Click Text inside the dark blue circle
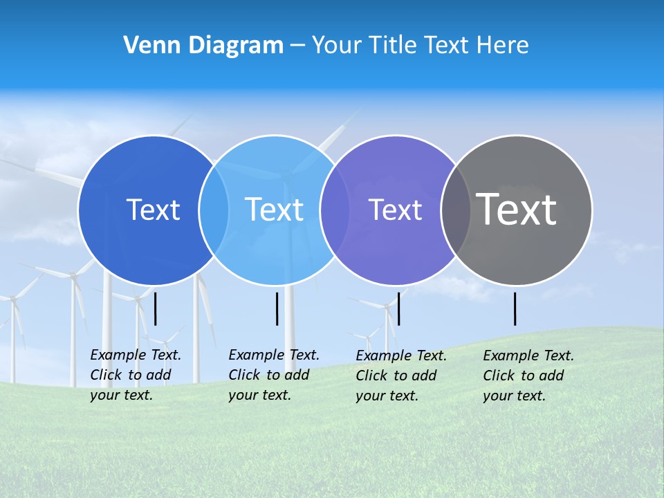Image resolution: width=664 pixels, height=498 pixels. [x=153, y=210]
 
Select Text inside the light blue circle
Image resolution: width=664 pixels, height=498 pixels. [x=274, y=210]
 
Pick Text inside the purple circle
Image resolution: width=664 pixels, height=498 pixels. [x=395, y=210]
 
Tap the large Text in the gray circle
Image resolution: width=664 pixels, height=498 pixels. [x=517, y=209]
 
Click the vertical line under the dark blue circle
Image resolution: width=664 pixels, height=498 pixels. [x=156, y=308]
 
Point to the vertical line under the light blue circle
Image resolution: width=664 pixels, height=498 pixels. [x=277, y=308]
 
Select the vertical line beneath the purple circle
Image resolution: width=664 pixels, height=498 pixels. [x=398, y=308]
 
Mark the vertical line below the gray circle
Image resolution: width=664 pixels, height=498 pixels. [x=515, y=308]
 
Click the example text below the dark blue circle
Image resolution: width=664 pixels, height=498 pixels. [x=136, y=375]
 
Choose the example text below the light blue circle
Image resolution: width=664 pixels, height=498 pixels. [x=274, y=375]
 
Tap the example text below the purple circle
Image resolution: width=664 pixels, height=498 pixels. [x=401, y=376]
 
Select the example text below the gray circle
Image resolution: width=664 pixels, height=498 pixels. [x=528, y=376]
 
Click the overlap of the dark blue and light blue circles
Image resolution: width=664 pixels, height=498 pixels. [x=214, y=210]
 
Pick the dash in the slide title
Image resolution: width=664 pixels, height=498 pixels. [x=297, y=45]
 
